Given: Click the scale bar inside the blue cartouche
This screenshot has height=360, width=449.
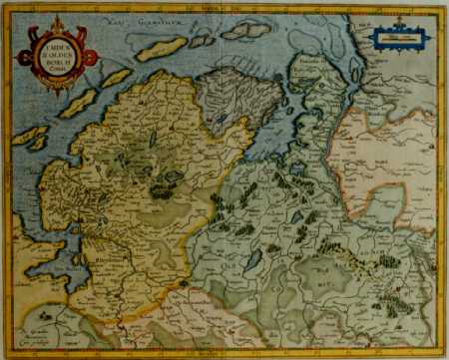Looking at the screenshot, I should [x=396, y=42].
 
